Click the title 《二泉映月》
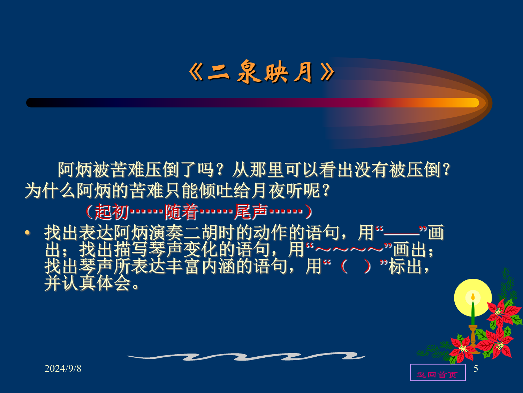pyautogui.click(x=261, y=72)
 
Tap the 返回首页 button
pyautogui.click(x=438, y=372)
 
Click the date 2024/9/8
pyautogui.click(x=63, y=369)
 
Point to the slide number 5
pyautogui.click(x=476, y=369)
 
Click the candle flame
pyautogui.click(x=473, y=297)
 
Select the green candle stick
pyautogui.click(x=473, y=313)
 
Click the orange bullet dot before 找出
pyautogui.click(x=28, y=232)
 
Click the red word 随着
pyautogui.click(x=181, y=212)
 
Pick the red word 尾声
pyautogui.click(x=251, y=212)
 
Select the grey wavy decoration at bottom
pyautogui.click(x=246, y=356)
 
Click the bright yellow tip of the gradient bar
pyautogui.click(x=473, y=103)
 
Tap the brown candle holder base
pyautogui.click(x=473, y=339)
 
